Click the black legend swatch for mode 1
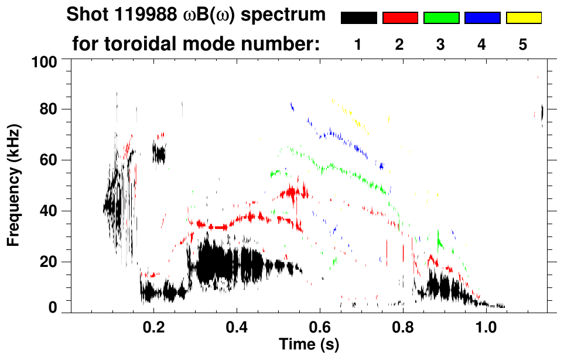pos(358,18)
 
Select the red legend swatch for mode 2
pos(400,18)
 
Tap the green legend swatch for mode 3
pos(441,18)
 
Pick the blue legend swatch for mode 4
pos(482,18)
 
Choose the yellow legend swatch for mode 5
pos(524,18)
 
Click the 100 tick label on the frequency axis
pos(46,61)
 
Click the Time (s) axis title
pos(308,343)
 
